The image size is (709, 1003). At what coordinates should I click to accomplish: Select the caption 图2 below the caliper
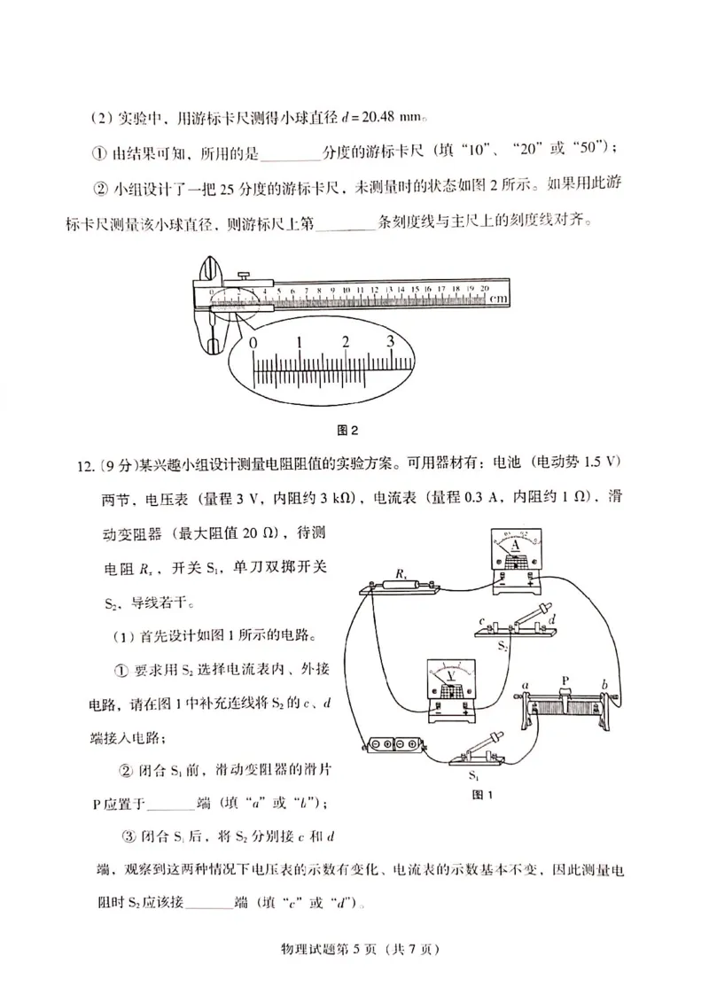[347, 432]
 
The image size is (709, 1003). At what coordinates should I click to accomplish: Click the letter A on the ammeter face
[515, 547]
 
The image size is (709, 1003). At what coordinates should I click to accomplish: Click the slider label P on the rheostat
[565, 680]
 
